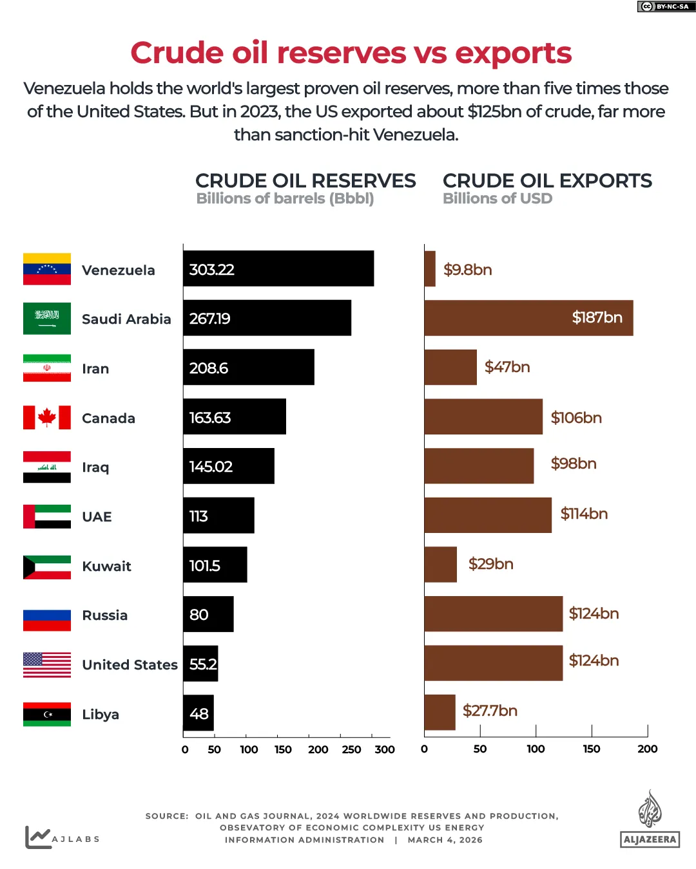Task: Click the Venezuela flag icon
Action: tap(47, 269)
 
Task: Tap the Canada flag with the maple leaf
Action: tap(47, 417)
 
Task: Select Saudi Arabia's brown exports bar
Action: tap(528, 318)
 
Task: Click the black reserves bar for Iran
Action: tap(249, 368)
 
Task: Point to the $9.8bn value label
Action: tap(467, 270)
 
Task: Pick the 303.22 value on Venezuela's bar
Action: tap(211, 270)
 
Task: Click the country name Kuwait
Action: tap(106, 566)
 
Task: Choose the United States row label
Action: tap(130, 665)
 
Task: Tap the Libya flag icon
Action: tap(47, 715)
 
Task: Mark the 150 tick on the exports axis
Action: tap(592, 749)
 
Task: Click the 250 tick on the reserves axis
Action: tap(351, 749)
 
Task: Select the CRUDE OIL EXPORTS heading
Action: tap(547, 181)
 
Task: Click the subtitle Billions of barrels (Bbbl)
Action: tap(285, 199)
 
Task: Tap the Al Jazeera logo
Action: tap(650, 819)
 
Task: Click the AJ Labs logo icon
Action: tap(37, 837)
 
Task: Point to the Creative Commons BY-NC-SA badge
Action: tap(666, 6)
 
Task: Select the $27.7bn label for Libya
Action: tap(490, 711)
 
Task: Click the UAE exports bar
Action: tap(488, 515)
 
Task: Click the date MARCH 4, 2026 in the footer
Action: tap(445, 840)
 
